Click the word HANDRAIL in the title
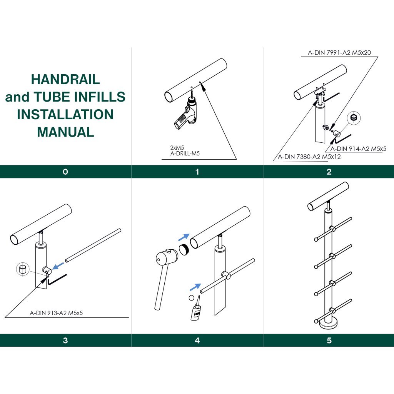click(65, 79)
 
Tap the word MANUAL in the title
click(65, 132)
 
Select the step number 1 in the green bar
click(197, 172)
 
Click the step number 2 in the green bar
click(329, 172)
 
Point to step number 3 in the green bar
click(65, 340)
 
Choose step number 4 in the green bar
click(197, 340)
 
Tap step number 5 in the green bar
click(329, 340)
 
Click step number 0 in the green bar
click(65, 172)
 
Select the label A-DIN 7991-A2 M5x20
click(339, 53)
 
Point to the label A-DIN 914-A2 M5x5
click(358, 148)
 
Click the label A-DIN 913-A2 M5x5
click(57, 313)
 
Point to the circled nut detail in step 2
click(354, 117)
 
